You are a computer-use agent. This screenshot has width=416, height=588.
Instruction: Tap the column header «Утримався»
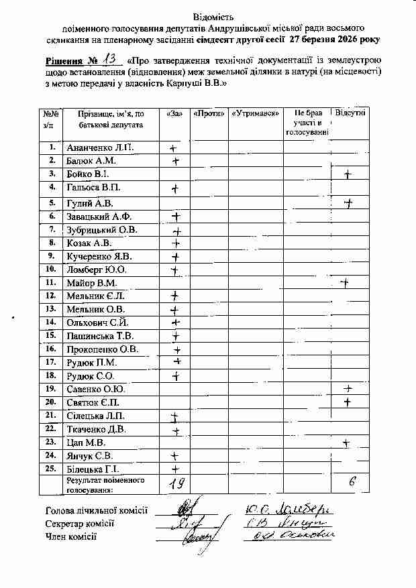tap(256, 113)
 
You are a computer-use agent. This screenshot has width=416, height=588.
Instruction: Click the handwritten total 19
tap(176, 483)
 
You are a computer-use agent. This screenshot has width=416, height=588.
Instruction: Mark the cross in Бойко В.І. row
tap(348, 175)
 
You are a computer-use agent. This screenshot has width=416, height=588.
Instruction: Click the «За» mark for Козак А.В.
tap(176, 243)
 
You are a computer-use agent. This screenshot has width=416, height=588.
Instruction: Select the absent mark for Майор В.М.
tap(345, 283)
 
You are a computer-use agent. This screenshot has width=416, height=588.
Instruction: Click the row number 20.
tap(50, 402)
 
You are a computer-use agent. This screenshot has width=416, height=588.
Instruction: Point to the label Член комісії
tap(70, 536)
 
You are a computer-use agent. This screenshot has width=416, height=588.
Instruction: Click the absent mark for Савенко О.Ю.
tap(348, 389)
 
